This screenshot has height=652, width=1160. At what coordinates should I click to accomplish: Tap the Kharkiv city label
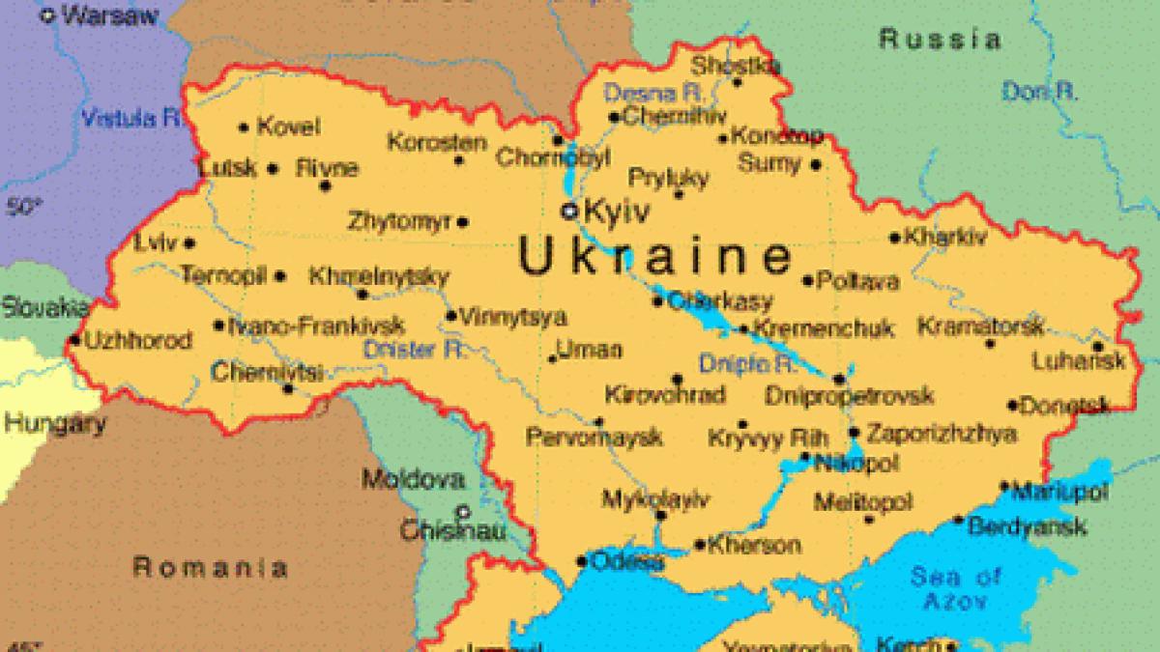click(x=946, y=237)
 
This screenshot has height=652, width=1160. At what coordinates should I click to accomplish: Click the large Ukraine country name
click(x=654, y=257)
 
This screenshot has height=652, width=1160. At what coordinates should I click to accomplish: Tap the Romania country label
click(x=210, y=567)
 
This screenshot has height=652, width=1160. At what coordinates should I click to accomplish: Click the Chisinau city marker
click(x=464, y=512)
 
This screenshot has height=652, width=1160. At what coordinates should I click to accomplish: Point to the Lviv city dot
click(x=189, y=243)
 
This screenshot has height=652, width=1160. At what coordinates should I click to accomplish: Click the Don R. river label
click(x=1040, y=92)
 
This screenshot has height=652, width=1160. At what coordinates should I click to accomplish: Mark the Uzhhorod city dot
click(x=75, y=339)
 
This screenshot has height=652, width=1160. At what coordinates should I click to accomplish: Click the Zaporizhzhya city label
click(x=940, y=434)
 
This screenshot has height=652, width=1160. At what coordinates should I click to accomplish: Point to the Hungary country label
click(x=54, y=423)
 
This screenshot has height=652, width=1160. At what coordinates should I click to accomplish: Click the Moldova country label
click(x=413, y=479)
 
